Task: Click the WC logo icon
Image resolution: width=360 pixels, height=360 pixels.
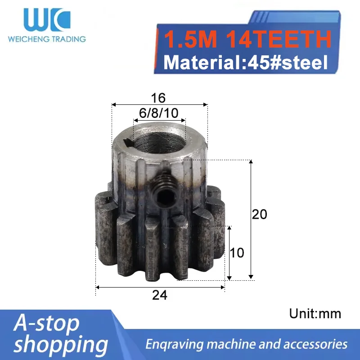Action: coord(47,20)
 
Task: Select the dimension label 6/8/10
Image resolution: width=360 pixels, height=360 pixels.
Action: coord(158,113)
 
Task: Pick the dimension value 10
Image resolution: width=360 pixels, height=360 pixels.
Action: coord(237,252)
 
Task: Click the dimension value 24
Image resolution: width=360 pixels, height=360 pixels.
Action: coord(159,295)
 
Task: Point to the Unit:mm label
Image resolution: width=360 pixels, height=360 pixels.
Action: coord(315,313)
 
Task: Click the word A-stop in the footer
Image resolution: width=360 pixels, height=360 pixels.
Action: coord(46,323)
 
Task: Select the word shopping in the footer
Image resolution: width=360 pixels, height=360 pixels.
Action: coord(61,344)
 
